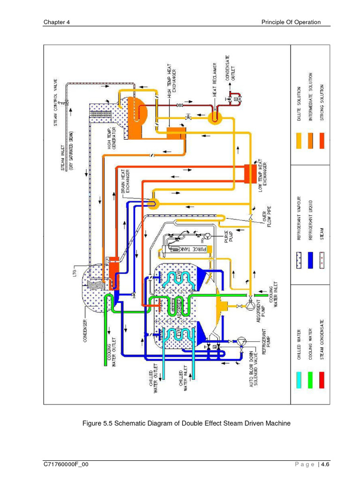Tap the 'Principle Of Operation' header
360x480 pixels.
click(291, 22)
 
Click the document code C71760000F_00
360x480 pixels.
click(66, 464)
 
